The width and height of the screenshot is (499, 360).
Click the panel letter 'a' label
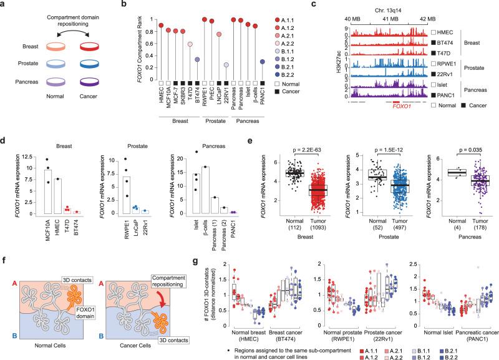(4, 5)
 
